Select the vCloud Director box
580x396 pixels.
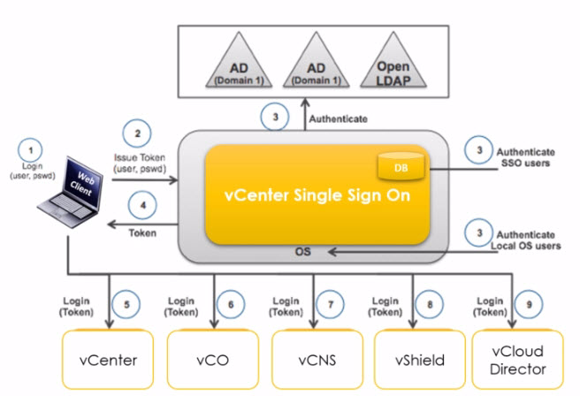(522, 361)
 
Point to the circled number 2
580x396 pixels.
(137, 132)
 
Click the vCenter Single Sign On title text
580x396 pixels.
(307, 195)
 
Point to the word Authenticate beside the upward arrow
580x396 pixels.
(335, 118)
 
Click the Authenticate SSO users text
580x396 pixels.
(528, 157)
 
